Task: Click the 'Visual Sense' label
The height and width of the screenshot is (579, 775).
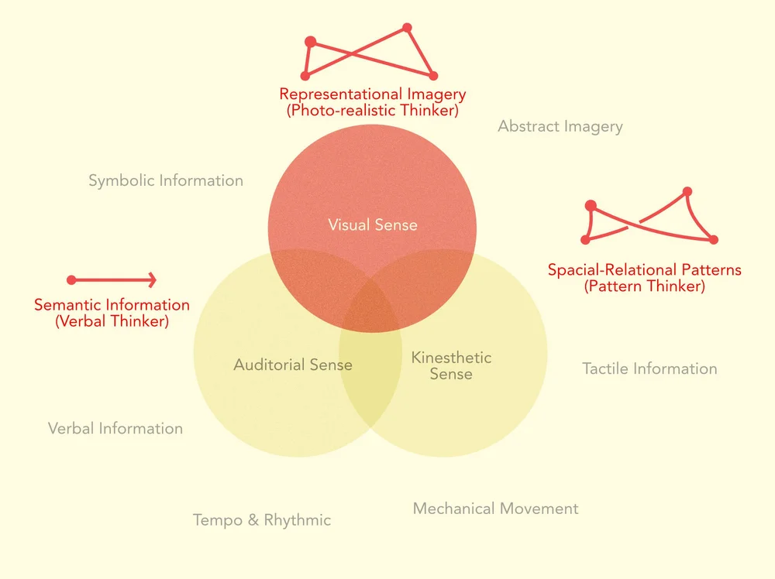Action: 372,225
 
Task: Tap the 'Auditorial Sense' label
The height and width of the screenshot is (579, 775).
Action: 293,365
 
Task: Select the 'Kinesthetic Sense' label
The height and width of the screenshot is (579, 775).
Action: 451,365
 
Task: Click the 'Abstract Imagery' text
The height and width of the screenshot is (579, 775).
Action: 560,126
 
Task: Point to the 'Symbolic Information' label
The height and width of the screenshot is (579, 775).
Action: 166,180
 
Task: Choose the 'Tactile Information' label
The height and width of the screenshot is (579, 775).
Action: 649,368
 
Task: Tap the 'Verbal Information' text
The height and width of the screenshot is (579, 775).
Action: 115,428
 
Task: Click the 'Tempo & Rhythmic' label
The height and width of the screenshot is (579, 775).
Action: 262,520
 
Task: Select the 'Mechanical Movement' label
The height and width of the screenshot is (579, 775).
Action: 495,509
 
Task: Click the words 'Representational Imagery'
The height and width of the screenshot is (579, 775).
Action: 373,94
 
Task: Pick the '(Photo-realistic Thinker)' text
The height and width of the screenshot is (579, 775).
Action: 373,111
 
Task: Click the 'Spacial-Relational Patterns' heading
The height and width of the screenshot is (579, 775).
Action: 644,270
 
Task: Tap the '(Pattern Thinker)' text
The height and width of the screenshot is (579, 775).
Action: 644,286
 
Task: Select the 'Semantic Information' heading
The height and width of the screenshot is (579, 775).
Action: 112,305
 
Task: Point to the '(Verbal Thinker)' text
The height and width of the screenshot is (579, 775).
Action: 112,321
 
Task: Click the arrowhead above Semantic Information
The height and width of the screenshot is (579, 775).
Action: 153,279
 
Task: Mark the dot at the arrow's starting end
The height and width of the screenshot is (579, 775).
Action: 71,279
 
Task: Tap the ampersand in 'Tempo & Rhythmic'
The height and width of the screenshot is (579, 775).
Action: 253,520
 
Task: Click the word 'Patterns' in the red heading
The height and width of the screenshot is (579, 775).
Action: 711,270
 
